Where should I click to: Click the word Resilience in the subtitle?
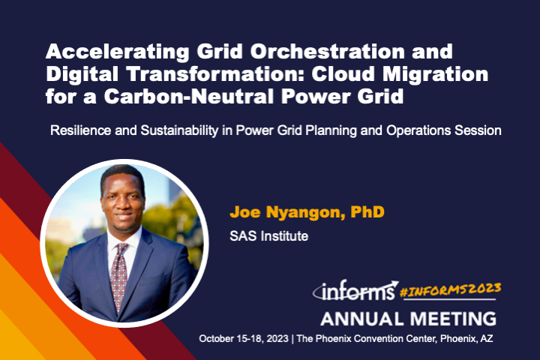(x=79, y=131)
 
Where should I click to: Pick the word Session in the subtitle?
(x=480, y=131)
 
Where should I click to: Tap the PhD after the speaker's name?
(x=366, y=213)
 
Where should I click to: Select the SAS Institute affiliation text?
(x=269, y=235)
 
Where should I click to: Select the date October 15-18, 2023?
(x=245, y=339)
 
